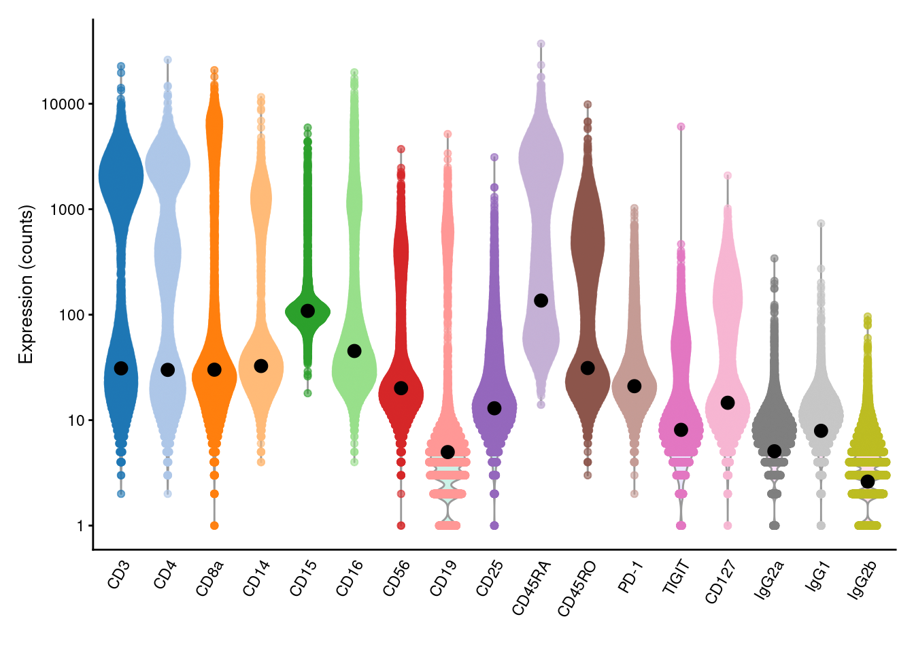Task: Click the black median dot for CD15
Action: [307, 311]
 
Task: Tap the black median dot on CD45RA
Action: [541, 301]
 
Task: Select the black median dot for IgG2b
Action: [867, 482]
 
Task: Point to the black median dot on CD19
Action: [447, 452]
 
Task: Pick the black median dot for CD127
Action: [728, 403]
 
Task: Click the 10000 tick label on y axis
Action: [63, 104]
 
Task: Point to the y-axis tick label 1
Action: [80, 526]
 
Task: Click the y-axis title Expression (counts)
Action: [26, 284]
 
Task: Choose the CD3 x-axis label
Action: [118, 575]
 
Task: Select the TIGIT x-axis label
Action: [676, 577]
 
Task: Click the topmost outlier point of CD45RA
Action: [541, 44]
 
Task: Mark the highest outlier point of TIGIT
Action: [681, 127]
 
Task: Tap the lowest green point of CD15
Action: [307, 393]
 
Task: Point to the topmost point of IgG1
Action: [821, 223]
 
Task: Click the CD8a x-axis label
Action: [209, 579]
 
